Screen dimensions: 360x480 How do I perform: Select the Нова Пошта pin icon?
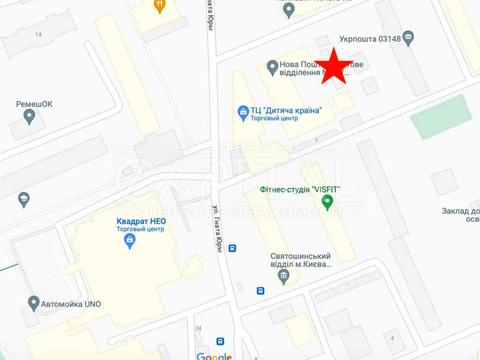pos(272,66)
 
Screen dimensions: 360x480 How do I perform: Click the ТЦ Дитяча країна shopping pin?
pos(242,111)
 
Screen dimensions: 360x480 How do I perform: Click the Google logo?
pos(214,355)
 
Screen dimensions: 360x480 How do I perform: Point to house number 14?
pos(39,35)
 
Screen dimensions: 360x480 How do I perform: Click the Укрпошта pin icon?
pos(290,11)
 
